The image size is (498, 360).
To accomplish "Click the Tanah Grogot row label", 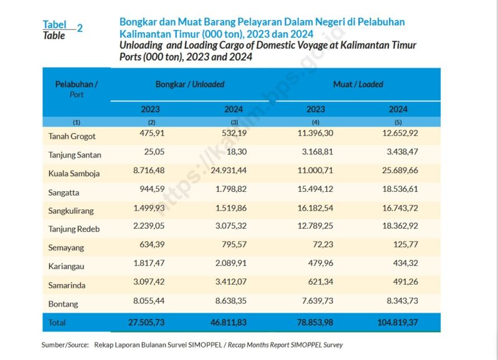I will tap(72, 136).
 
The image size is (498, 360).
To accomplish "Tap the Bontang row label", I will tap(63, 304).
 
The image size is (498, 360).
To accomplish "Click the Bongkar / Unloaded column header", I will tap(190, 84).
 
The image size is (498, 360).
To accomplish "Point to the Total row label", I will tap(57, 323).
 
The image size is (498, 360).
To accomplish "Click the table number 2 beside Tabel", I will tap(80, 28).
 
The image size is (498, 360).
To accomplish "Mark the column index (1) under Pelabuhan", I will tap(76, 122).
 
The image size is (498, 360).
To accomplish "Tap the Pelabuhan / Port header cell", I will tap(76, 88).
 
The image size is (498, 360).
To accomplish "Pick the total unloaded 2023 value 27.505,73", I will tap(143, 322).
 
